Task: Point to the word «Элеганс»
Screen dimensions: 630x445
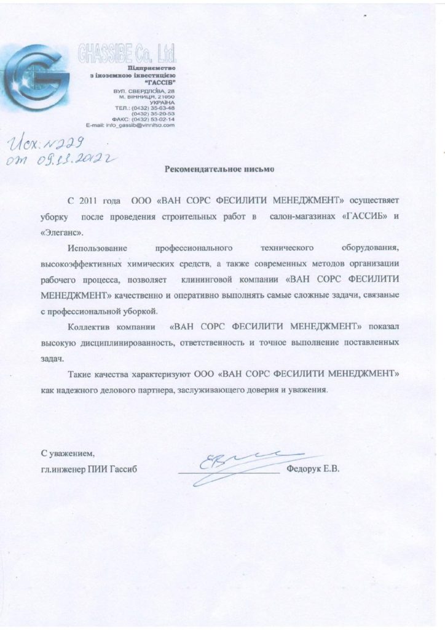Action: coord(65,233)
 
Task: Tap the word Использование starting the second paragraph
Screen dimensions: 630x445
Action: coord(97,248)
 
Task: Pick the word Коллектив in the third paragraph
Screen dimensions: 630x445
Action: coord(89,327)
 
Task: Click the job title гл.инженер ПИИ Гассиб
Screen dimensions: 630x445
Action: coord(89,470)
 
